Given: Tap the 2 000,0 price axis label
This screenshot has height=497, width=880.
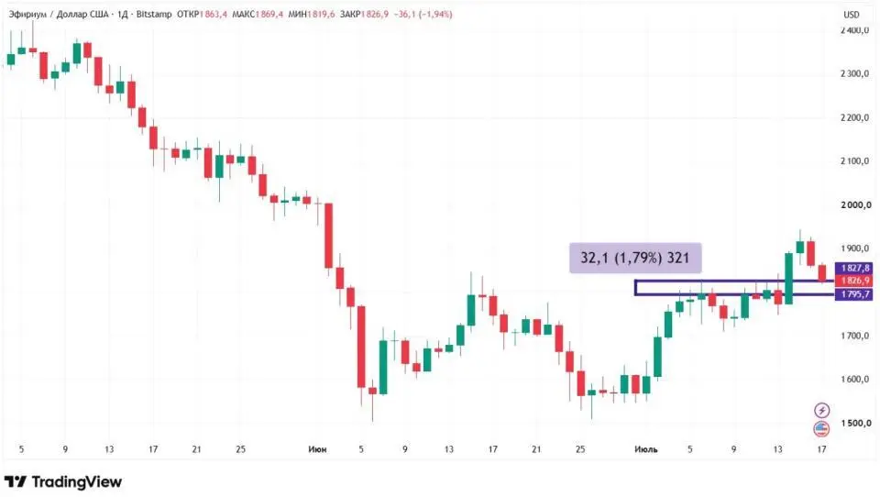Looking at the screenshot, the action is pos(855,205).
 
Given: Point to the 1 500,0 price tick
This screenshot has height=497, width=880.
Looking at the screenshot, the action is pos(855,423).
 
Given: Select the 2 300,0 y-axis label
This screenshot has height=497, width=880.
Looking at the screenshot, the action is pos(855,73).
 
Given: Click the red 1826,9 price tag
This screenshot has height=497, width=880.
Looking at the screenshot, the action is pos(853,281).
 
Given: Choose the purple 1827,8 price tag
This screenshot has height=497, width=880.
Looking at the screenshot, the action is pos(853,269).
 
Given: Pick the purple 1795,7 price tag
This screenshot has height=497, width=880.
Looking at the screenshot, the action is pos(853,294).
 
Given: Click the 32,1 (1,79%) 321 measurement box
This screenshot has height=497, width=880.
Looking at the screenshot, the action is pos(634,258).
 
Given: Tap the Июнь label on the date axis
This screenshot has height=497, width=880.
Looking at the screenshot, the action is pos(317,449).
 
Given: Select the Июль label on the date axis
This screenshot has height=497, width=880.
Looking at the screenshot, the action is pos(645,449).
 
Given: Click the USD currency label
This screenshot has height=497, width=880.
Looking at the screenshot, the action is pos(852,15).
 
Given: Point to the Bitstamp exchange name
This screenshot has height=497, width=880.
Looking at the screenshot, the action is pos(154,14).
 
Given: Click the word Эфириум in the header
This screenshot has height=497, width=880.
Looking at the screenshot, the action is pos(27,14).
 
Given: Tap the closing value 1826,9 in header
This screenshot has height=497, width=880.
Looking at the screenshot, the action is pos(374,14).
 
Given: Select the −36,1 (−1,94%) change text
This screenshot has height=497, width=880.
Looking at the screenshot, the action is pos(423,14).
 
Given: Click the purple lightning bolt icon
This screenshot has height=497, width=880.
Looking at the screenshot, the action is pos(821,410).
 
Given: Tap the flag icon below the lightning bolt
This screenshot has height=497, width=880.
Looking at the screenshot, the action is pos(821,428).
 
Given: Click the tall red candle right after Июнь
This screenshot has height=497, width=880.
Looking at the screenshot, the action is pos(329,236).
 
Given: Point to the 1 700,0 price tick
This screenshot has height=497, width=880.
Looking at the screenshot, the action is pos(855,336).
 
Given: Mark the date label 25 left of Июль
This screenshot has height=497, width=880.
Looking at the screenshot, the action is pos(580,449).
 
